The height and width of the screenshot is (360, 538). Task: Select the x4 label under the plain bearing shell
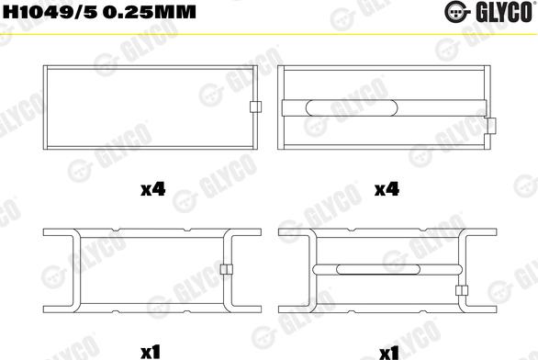152,190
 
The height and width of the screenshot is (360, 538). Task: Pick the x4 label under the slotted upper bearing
387,190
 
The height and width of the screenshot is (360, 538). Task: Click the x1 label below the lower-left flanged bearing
151,352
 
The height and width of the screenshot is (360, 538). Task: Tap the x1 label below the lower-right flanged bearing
387,352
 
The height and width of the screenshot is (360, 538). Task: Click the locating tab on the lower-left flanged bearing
225,269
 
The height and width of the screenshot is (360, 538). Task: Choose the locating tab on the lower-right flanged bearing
461,291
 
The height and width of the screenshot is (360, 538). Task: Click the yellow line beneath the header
269,32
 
